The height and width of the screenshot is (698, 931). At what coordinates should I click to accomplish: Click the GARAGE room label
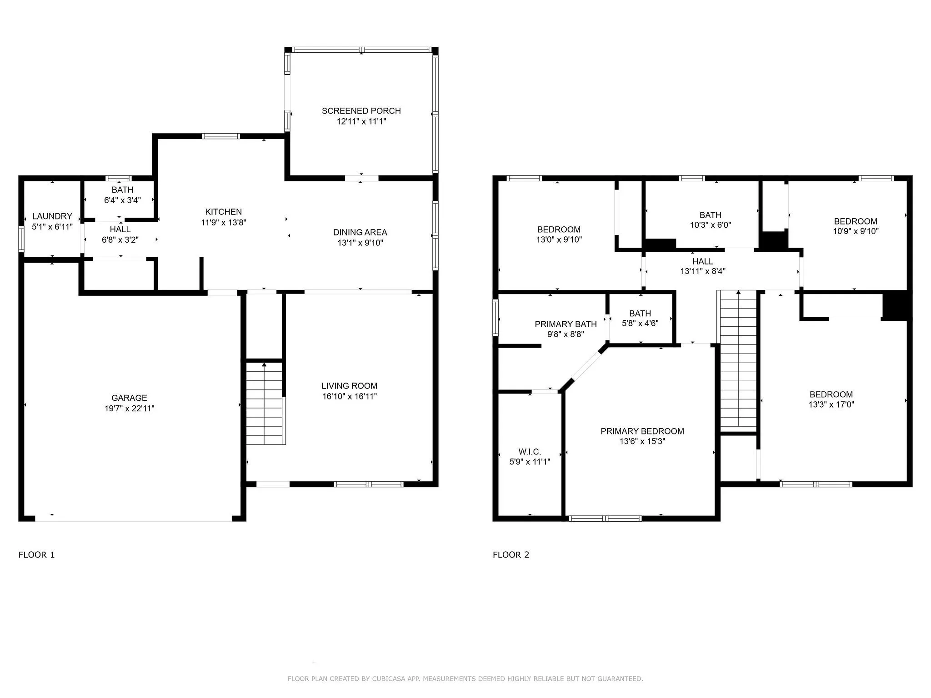(129, 398)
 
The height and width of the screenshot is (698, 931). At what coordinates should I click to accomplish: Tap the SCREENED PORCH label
(361, 111)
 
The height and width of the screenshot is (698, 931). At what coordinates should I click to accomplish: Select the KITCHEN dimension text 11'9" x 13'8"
(224, 223)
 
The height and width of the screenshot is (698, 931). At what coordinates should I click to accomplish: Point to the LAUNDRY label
(52, 216)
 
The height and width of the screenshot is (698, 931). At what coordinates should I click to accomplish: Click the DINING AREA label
(360, 232)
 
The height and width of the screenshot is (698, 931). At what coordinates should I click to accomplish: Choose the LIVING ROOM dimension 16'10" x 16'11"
(350, 396)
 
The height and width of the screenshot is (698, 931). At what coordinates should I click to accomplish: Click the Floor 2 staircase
(739, 360)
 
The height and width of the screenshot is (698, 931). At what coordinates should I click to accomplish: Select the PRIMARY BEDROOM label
(642, 431)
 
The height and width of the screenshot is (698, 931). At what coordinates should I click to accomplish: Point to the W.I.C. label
(530, 452)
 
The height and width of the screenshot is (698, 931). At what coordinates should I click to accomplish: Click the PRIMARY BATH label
(566, 324)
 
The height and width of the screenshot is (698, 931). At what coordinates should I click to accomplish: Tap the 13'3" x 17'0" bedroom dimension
(831, 404)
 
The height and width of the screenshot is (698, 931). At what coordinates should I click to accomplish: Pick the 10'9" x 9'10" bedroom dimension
(856, 231)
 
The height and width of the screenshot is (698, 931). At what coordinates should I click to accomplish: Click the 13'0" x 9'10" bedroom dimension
(559, 239)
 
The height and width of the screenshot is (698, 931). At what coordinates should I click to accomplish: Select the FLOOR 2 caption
(511, 554)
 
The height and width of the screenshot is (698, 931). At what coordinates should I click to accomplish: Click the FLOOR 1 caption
(36, 554)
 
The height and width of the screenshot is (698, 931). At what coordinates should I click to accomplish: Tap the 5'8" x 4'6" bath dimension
(640, 324)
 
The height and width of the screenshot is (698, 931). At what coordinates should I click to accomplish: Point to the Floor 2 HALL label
(703, 261)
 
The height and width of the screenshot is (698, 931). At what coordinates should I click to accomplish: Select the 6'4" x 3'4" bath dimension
(121, 200)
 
